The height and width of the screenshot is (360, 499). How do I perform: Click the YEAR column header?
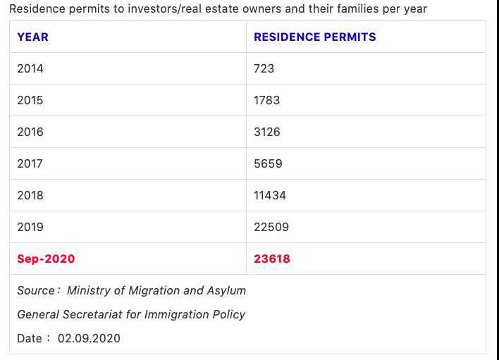[x=32, y=37]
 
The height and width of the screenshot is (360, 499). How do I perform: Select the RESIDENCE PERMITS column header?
[x=314, y=37]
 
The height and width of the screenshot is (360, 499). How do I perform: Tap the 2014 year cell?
[x=30, y=68]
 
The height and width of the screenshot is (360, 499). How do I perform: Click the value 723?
[x=264, y=68]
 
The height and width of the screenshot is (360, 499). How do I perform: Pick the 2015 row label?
[x=30, y=100]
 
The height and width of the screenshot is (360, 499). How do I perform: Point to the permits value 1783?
[x=266, y=100]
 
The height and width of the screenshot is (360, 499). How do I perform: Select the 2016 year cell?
[x=30, y=132]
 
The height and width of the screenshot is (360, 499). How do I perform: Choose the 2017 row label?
[x=30, y=163]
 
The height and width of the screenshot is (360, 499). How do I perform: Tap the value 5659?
[x=268, y=163]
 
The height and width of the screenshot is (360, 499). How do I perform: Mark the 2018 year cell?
[x=30, y=195]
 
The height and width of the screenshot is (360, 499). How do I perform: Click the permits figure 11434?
[x=270, y=195]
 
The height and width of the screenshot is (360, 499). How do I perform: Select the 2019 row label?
[x=30, y=227]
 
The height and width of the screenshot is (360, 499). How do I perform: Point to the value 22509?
[x=271, y=227]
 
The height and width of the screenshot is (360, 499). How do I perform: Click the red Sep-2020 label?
[x=46, y=259]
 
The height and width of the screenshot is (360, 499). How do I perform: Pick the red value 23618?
[x=272, y=259]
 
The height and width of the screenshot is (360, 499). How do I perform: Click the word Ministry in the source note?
[x=89, y=290]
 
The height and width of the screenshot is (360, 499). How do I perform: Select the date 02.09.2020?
[x=89, y=338]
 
